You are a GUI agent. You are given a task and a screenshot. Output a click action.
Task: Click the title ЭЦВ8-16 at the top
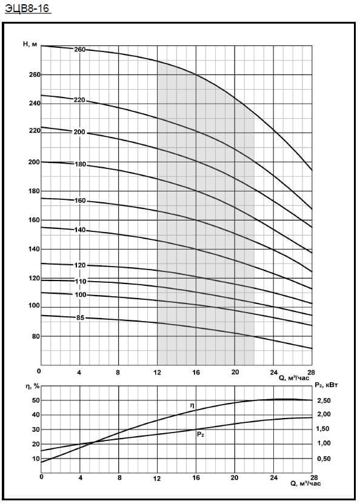click(x=28, y=8)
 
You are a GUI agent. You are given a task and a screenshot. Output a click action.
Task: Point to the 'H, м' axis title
click(x=30, y=44)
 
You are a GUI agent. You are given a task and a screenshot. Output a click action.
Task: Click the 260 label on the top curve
click(x=80, y=50)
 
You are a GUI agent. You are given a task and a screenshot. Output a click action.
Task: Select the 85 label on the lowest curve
click(x=80, y=317)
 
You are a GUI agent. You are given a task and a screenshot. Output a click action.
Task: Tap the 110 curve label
click(x=81, y=282)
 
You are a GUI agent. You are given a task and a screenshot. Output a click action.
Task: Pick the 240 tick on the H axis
click(x=35, y=103)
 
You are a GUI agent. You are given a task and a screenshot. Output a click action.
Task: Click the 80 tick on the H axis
click(x=35, y=336)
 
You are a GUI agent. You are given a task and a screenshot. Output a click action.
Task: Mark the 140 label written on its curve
click(x=80, y=230)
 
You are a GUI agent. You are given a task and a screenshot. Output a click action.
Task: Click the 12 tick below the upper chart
click(x=158, y=373)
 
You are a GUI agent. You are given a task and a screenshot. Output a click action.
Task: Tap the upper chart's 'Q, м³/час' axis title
click(x=294, y=379)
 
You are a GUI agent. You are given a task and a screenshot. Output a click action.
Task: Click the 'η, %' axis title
click(x=33, y=386)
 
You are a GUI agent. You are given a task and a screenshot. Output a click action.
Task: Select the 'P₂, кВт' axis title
click(x=326, y=385)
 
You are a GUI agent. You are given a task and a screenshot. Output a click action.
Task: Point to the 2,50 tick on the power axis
click(x=324, y=400)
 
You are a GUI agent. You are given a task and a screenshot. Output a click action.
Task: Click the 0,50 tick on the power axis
click(x=324, y=459)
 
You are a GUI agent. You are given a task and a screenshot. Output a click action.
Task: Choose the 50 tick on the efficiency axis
click(x=35, y=400)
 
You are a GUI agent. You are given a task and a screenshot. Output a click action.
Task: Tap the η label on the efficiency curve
click(x=192, y=406)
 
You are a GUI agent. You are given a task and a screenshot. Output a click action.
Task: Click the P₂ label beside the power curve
click(x=201, y=434)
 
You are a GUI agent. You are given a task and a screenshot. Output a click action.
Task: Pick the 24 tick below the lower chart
click(x=274, y=477)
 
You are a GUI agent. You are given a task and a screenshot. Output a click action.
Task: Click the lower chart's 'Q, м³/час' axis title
click(x=305, y=483)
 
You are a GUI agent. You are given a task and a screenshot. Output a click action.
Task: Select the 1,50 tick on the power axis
click(x=324, y=429)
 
